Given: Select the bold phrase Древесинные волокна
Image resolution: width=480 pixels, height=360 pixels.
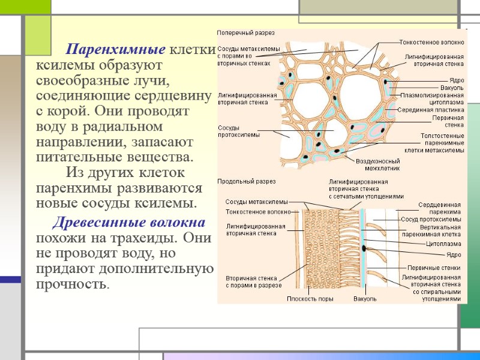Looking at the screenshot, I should [x=129, y=223].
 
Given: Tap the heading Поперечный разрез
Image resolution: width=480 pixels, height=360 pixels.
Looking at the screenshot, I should [x=238, y=32].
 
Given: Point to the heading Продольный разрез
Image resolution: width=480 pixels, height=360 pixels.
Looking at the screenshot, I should [x=238, y=181].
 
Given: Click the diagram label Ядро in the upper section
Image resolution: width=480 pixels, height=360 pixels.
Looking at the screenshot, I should [x=457, y=80].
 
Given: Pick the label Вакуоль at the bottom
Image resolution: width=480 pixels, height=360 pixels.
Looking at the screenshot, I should [x=365, y=299].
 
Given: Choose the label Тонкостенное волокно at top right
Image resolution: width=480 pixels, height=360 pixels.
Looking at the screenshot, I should [x=432, y=43].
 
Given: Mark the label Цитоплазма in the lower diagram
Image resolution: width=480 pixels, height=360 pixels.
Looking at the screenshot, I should [x=443, y=244].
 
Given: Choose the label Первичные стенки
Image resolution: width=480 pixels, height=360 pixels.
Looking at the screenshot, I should [x=434, y=267].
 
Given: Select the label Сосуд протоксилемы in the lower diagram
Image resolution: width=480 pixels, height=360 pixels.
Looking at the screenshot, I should [x=431, y=220].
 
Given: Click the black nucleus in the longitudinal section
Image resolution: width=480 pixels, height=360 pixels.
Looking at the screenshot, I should [x=364, y=247].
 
